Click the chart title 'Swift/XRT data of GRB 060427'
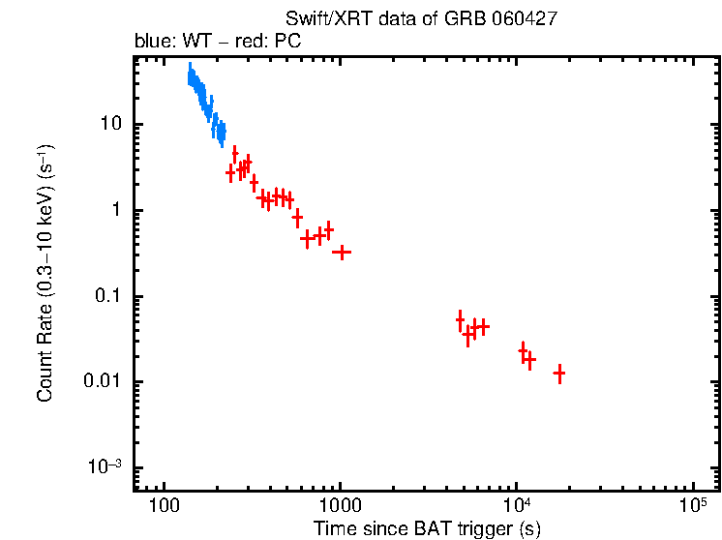coord(421,19)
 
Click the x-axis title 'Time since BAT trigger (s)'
coord(427,527)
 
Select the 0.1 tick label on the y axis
coord(106,296)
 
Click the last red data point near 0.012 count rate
coord(558,373)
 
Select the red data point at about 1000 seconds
coord(341,252)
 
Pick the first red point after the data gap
coord(461,320)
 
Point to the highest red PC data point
coord(234,154)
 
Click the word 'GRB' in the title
coord(455,19)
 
